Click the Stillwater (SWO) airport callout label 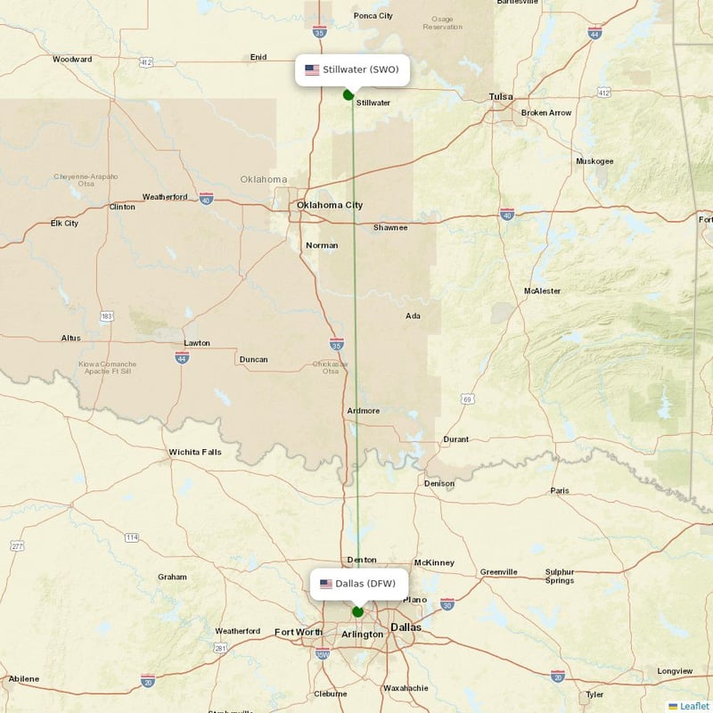(352, 70)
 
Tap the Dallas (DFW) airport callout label (360, 584)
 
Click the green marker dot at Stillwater (348, 94)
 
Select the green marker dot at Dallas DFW (357, 611)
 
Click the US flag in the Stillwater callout (312, 70)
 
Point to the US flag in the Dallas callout (326, 584)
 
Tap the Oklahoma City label (330, 205)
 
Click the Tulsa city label (501, 96)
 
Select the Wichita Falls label (195, 452)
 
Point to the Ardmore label (363, 411)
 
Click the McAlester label (543, 291)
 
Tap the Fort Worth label (298, 632)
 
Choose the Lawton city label (197, 342)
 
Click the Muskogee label (594, 161)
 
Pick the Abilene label (24, 679)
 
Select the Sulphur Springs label (560, 576)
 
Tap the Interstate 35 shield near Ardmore (335, 343)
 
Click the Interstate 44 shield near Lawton (182, 356)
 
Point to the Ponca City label (373, 16)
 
